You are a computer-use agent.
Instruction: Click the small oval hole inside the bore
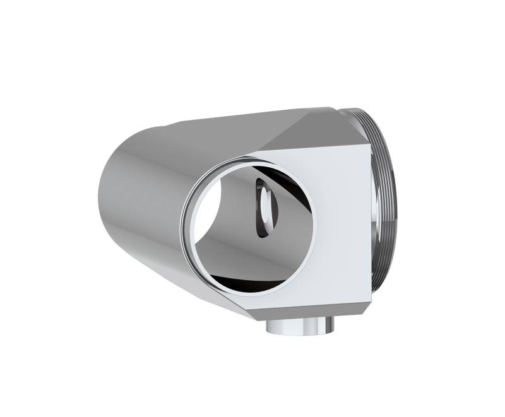(x=265, y=207)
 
